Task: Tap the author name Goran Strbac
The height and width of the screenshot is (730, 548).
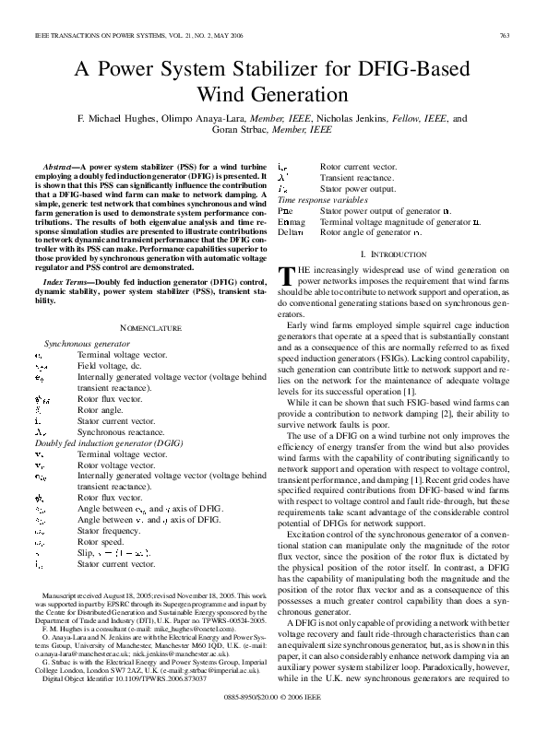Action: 253,131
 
